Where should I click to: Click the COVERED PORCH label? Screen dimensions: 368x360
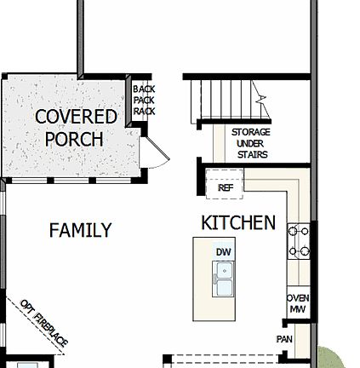[x=76, y=128]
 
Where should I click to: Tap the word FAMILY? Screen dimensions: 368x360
[x=80, y=230]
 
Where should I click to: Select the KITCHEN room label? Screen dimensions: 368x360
[x=237, y=222]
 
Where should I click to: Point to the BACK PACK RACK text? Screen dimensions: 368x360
[x=144, y=100]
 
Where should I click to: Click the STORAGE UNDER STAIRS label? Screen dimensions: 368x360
[x=250, y=143]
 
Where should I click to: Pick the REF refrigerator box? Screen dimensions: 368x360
[x=226, y=186]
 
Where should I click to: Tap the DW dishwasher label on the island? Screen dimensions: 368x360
[x=224, y=252]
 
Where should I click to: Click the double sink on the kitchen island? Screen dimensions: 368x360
[x=224, y=279]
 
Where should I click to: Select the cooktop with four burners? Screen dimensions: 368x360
[x=299, y=240]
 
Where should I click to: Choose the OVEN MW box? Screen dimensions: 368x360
[x=298, y=303]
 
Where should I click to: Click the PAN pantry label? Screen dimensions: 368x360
[x=285, y=339]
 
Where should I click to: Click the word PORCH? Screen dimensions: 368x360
[x=74, y=139]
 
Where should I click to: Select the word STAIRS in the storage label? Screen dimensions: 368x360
[x=251, y=155]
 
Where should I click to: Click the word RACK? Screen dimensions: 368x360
[x=144, y=111]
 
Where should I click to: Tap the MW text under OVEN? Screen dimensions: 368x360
[x=298, y=309]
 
